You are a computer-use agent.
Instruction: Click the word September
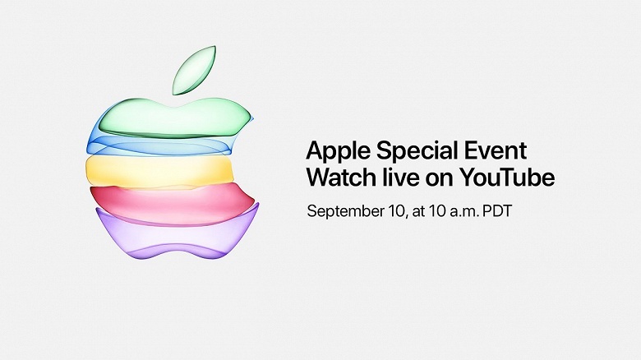point(351,210)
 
